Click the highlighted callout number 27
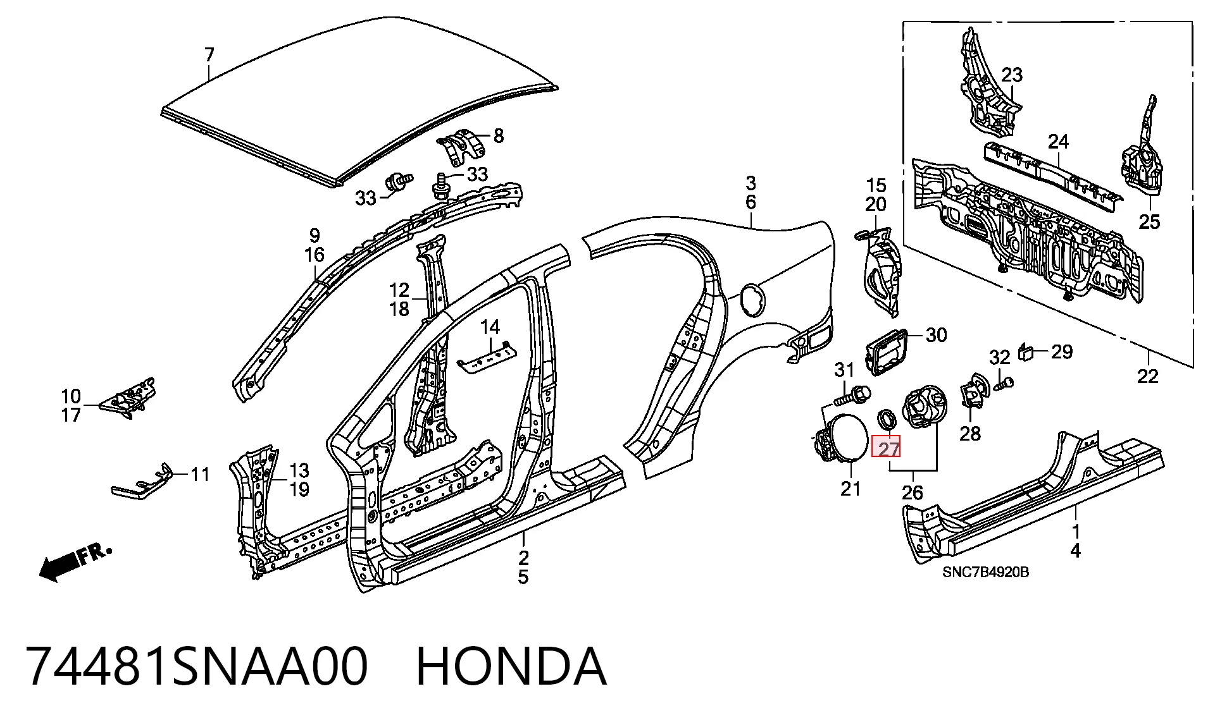click(x=888, y=449)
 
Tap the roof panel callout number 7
click(x=209, y=55)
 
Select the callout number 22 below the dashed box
click(x=1147, y=376)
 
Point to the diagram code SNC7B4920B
click(x=985, y=572)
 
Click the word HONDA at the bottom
click(x=511, y=666)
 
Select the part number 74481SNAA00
click(x=197, y=666)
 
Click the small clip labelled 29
click(x=1026, y=352)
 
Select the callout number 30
click(x=936, y=335)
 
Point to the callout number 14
click(x=490, y=327)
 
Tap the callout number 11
click(x=200, y=474)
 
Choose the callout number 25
click(x=1149, y=222)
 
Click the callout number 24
click(x=1058, y=142)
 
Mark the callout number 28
click(x=969, y=434)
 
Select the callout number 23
click(x=1012, y=75)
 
